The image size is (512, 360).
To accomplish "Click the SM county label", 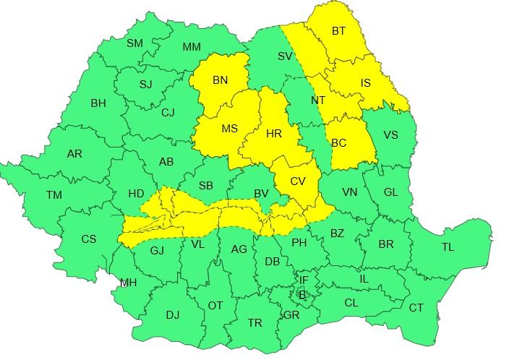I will [x=135, y=43].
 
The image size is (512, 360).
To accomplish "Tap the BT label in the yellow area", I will [x=339, y=31].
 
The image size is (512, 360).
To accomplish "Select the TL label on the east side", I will [x=448, y=247].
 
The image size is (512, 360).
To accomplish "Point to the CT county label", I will [x=417, y=308].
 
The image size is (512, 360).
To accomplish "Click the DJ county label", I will [x=173, y=315].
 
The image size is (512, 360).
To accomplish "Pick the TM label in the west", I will [x=54, y=195].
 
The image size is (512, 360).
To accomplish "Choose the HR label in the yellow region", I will [x=273, y=134].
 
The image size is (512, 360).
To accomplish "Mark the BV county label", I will [x=261, y=194].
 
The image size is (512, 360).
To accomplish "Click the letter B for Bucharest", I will [x=302, y=294].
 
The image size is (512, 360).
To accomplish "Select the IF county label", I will [x=304, y=279].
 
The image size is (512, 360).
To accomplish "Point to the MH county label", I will [x=128, y=283].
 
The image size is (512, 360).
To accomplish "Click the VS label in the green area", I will [x=391, y=135].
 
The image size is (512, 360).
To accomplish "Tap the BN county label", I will [x=221, y=81].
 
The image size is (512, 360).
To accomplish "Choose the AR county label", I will [x=74, y=154].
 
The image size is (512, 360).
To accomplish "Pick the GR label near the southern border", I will [x=291, y=315].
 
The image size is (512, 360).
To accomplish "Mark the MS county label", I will [x=229, y=129].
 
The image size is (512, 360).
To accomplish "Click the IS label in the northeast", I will [x=364, y=84].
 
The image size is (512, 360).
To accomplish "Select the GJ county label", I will [x=157, y=251].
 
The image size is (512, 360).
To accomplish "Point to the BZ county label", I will [x=337, y=233].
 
